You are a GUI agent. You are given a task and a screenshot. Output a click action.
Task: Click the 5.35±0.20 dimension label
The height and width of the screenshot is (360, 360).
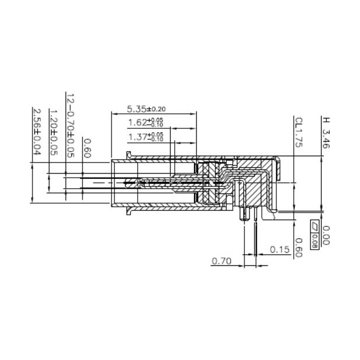pyautogui.click(x=146, y=109)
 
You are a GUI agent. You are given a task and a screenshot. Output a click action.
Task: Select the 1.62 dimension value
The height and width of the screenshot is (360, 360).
pyautogui.click(x=138, y=123)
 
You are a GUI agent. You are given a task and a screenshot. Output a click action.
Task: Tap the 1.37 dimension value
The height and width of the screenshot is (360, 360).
pyautogui.click(x=138, y=136)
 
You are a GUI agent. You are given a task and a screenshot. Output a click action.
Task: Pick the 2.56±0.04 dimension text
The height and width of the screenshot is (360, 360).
pyautogui.click(x=37, y=131)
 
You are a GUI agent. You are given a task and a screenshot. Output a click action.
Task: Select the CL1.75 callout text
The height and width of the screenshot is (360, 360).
pyautogui.click(x=298, y=133)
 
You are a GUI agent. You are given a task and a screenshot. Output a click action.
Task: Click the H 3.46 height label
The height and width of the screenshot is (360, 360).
pyautogui.click(x=326, y=134)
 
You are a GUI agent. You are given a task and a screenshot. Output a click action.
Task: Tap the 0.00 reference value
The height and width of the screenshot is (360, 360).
pyautogui.click(x=326, y=235)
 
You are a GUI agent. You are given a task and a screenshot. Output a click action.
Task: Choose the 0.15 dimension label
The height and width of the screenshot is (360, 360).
pyautogui.click(x=280, y=250)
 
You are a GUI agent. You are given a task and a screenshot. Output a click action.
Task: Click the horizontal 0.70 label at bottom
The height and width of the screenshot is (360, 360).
pyautogui.click(x=221, y=262)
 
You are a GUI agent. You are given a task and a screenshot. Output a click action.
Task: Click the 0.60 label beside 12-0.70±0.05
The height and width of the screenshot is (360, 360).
pyautogui.click(x=87, y=149)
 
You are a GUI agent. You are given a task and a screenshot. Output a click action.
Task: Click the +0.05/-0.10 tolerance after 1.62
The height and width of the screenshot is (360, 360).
pyautogui.click(x=156, y=123)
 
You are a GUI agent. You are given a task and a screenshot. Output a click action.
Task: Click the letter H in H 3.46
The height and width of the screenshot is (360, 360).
pyautogui.click(x=326, y=121)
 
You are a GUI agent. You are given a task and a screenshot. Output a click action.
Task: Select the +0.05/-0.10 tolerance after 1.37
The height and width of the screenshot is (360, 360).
pyautogui.click(x=156, y=136)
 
